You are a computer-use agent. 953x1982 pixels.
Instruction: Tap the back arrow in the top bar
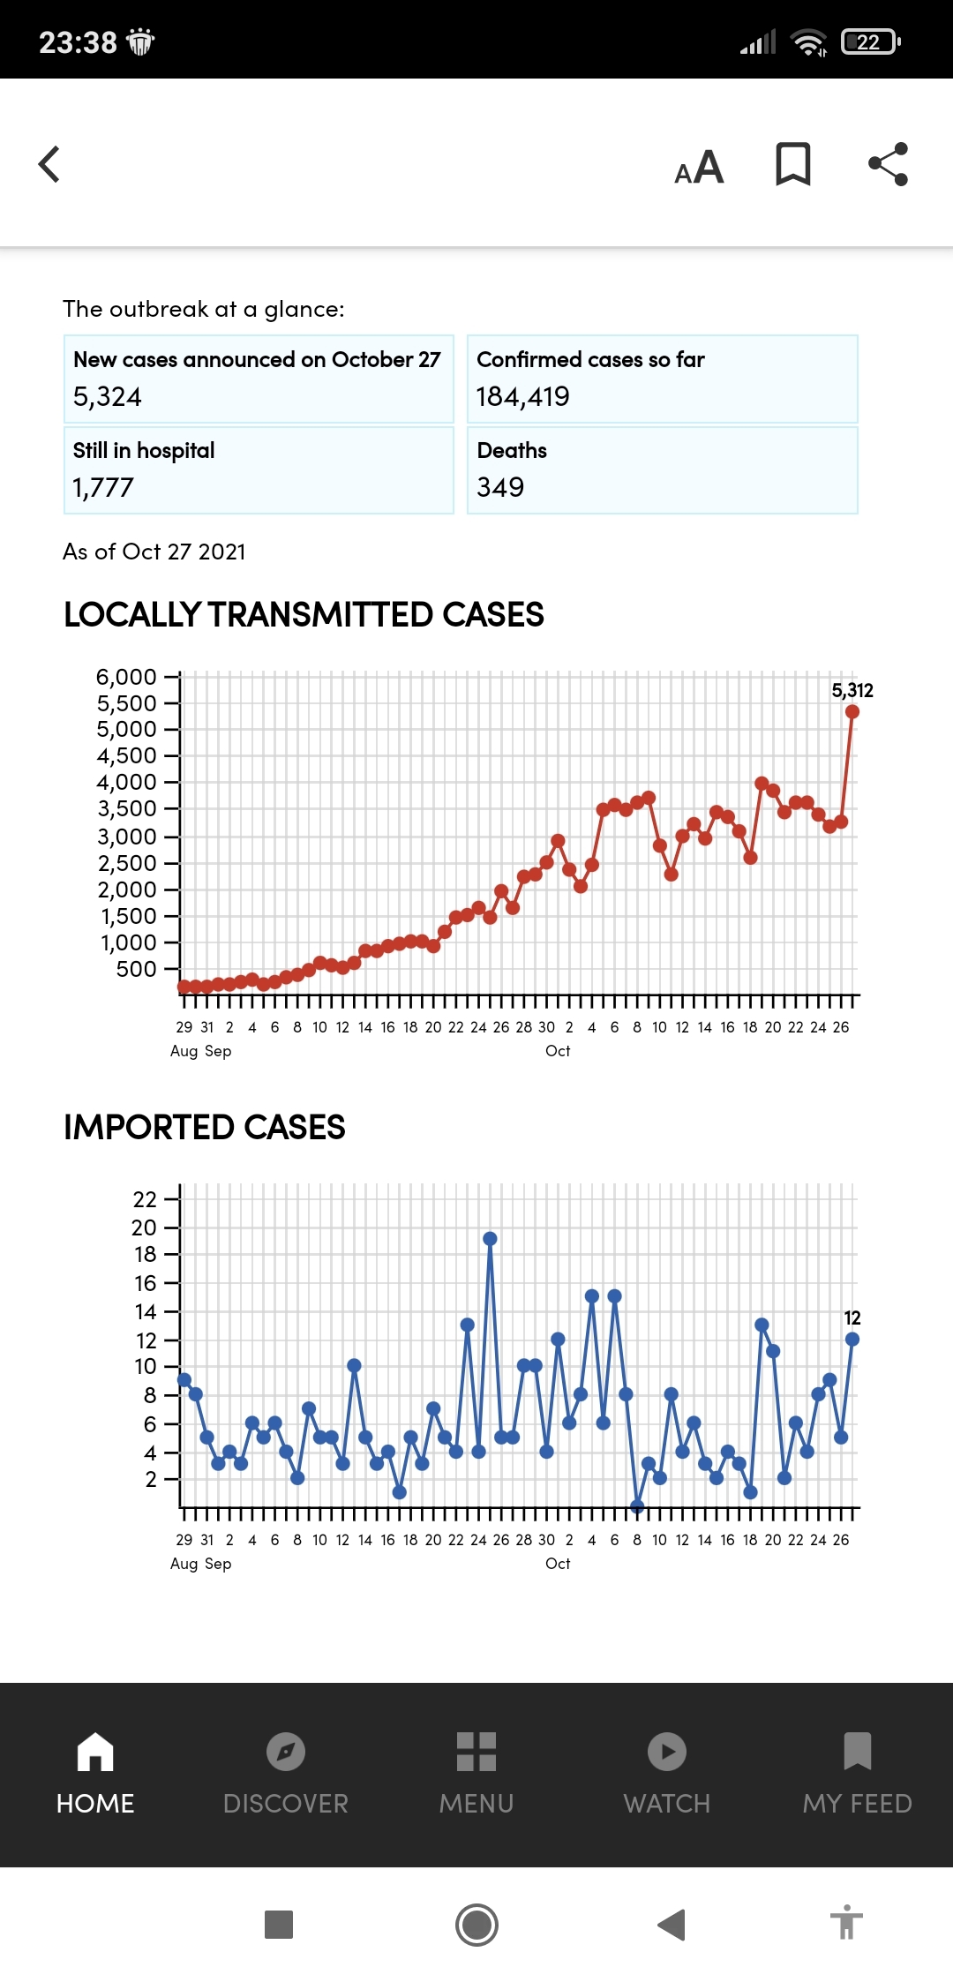[50, 164]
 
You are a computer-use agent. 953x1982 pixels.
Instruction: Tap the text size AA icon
[699, 166]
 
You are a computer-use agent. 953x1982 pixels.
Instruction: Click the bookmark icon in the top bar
[792, 164]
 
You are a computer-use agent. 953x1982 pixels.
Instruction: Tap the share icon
[888, 164]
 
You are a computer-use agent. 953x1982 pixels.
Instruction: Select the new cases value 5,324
[107, 397]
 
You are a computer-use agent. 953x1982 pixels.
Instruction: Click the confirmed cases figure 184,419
[522, 397]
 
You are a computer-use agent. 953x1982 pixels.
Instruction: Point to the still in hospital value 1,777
[103, 487]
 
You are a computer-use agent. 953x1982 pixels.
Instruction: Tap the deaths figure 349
[500, 487]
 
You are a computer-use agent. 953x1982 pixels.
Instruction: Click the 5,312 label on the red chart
[852, 690]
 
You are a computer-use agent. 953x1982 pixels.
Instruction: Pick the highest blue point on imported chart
[490, 1239]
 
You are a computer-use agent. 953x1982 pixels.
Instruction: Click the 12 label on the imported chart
[852, 1318]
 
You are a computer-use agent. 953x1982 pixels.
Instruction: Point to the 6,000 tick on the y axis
[126, 677]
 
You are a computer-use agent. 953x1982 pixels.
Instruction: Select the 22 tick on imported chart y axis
[145, 1199]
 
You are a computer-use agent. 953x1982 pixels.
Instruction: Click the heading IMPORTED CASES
[205, 1127]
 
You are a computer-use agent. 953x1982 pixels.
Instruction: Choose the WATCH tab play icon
[667, 1752]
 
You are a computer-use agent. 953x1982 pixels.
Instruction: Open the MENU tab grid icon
[476, 1752]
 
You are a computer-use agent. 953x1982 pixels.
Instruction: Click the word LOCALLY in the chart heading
[132, 614]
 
